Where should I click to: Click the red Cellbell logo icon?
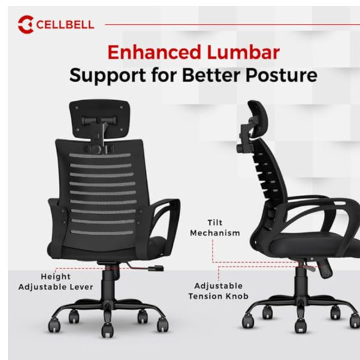26,25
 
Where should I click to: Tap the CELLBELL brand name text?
65,25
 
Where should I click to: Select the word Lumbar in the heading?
244,53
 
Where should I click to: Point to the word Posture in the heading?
281,76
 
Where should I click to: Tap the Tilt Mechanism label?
215,228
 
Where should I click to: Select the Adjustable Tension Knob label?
218,291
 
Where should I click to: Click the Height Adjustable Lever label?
56,282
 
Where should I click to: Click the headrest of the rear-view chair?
100,119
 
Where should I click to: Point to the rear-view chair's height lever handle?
155,268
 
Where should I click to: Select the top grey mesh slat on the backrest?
100,155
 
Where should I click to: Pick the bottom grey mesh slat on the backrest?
102,232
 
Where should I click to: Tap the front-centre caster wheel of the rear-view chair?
107,330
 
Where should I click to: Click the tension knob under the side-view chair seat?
326,269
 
